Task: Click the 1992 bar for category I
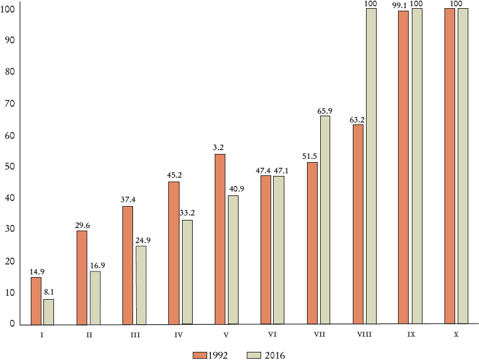click(x=36, y=300)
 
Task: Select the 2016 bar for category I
click(x=48, y=312)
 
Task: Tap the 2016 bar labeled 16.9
click(x=95, y=297)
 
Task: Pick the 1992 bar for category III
click(x=127, y=265)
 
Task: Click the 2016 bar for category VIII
click(x=371, y=166)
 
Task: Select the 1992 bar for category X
click(x=449, y=166)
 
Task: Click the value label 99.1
click(x=398, y=4)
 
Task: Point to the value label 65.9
click(x=325, y=111)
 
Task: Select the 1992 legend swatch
click(x=200, y=355)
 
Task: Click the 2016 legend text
click(x=274, y=355)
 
